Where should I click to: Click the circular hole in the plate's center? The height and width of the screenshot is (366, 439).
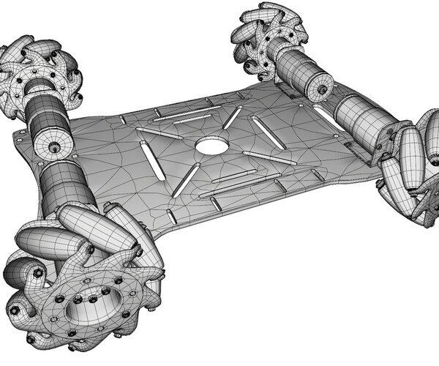[x=211, y=146]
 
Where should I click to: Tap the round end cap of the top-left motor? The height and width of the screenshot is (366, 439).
[x=55, y=147]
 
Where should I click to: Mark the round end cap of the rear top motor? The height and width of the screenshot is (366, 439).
[x=320, y=91]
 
